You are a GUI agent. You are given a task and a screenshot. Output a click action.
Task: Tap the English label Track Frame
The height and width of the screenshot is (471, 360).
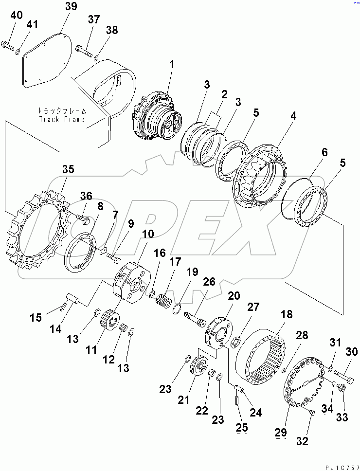(x=61, y=119)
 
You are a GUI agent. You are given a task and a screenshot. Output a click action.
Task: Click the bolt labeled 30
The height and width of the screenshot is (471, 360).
(x=344, y=374)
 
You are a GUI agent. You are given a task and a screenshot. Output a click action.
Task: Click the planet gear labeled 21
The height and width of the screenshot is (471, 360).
(x=199, y=367)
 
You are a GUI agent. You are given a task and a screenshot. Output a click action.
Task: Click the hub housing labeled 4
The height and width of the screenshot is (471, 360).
(x=262, y=176)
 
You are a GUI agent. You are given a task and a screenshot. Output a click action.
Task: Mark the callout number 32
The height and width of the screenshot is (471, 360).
(x=302, y=441)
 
